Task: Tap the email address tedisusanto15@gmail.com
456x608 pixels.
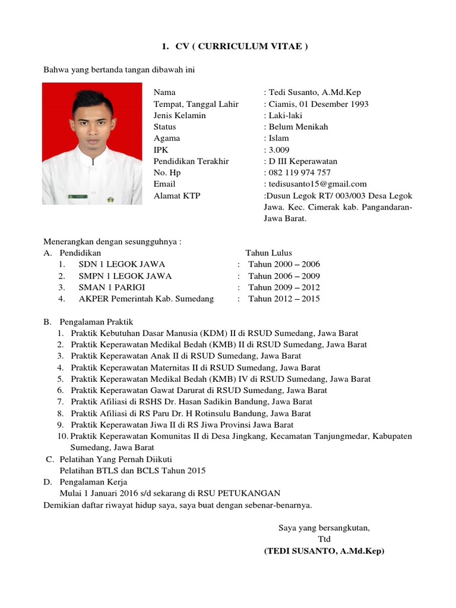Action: (x=318, y=184)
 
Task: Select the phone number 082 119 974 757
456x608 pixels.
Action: (x=299, y=173)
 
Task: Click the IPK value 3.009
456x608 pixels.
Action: (x=279, y=150)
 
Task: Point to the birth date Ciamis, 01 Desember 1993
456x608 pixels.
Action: (x=318, y=104)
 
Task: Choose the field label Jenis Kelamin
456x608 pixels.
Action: (x=179, y=115)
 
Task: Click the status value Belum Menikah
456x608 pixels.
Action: (x=298, y=127)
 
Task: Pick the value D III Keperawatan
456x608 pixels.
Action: (x=303, y=161)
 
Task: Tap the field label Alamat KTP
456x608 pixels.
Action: (x=177, y=195)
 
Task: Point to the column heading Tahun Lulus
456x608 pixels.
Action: (x=268, y=253)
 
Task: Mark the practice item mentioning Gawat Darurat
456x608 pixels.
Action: (x=198, y=391)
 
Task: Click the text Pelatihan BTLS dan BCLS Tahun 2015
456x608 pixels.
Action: (x=132, y=471)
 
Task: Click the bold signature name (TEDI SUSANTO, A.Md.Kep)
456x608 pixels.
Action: (x=324, y=551)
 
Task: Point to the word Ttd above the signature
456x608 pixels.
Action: (x=324, y=539)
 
